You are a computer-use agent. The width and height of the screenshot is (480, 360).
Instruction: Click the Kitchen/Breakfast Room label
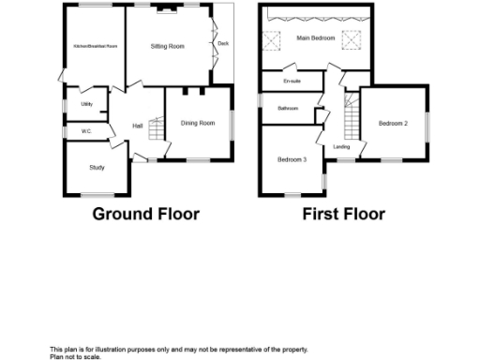click(96, 46)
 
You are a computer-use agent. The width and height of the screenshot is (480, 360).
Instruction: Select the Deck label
click(222, 43)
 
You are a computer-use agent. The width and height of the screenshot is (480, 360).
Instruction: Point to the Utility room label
click(86, 104)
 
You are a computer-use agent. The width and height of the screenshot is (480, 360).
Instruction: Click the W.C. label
click(86, 131)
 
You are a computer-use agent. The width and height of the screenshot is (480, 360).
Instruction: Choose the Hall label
click(137, 126)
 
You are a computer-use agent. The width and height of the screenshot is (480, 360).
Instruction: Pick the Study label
click(97, 167)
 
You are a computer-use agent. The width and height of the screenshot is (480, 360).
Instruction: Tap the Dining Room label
click(198, 123)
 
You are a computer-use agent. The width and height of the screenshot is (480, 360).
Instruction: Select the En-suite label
click(291, 82)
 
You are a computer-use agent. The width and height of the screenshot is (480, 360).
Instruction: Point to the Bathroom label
click(288, 109)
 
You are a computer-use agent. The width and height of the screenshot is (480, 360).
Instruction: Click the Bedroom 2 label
click(394, 123)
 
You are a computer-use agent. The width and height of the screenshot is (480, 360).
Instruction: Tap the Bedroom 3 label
click(292, 159)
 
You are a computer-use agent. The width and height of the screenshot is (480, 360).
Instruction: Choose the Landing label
click(341, 146)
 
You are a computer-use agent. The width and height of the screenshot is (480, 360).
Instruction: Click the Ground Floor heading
click(145, 214)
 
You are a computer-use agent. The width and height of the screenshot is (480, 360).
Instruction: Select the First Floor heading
click(343, 214)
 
